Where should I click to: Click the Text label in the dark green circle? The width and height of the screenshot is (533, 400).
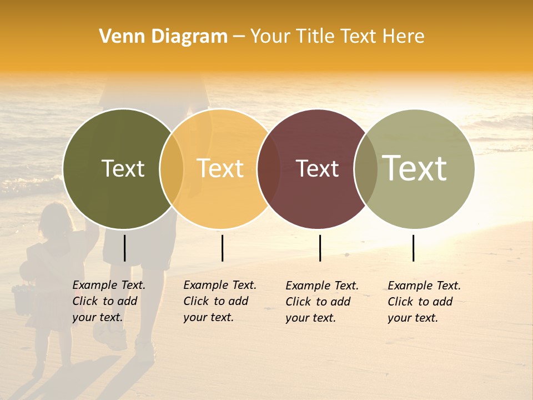click(123, 168)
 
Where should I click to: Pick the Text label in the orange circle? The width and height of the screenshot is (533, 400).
click(220, 168)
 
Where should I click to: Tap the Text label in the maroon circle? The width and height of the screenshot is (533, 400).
click(317, 169)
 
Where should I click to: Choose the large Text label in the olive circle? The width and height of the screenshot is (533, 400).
click(415, 168)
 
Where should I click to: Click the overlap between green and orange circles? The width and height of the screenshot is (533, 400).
click(172, 168)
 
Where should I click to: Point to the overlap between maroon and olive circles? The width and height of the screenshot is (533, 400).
click(366, 168)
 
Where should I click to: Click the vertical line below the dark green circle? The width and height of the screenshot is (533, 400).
click(124, 248)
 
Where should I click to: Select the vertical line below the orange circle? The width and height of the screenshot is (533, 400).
click(222, 248)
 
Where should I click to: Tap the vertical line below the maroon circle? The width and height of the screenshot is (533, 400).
click(320, 248)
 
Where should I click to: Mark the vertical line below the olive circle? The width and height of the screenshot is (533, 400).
click(413, 248)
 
